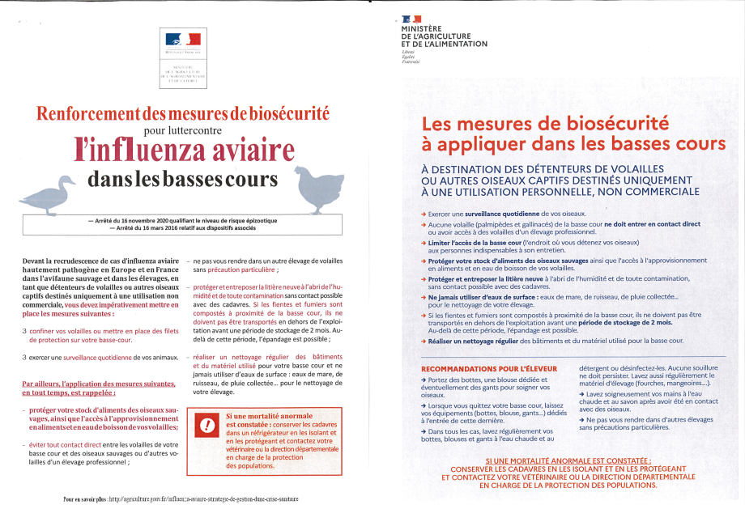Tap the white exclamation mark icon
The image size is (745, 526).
coord(208,425)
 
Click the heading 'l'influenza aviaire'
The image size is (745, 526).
coord(184,151)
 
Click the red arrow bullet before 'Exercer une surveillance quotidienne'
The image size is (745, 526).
coord(424,212)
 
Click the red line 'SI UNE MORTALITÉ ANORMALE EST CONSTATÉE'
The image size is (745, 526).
coord(568,460)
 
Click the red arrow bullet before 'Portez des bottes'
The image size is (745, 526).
coord(424,379)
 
